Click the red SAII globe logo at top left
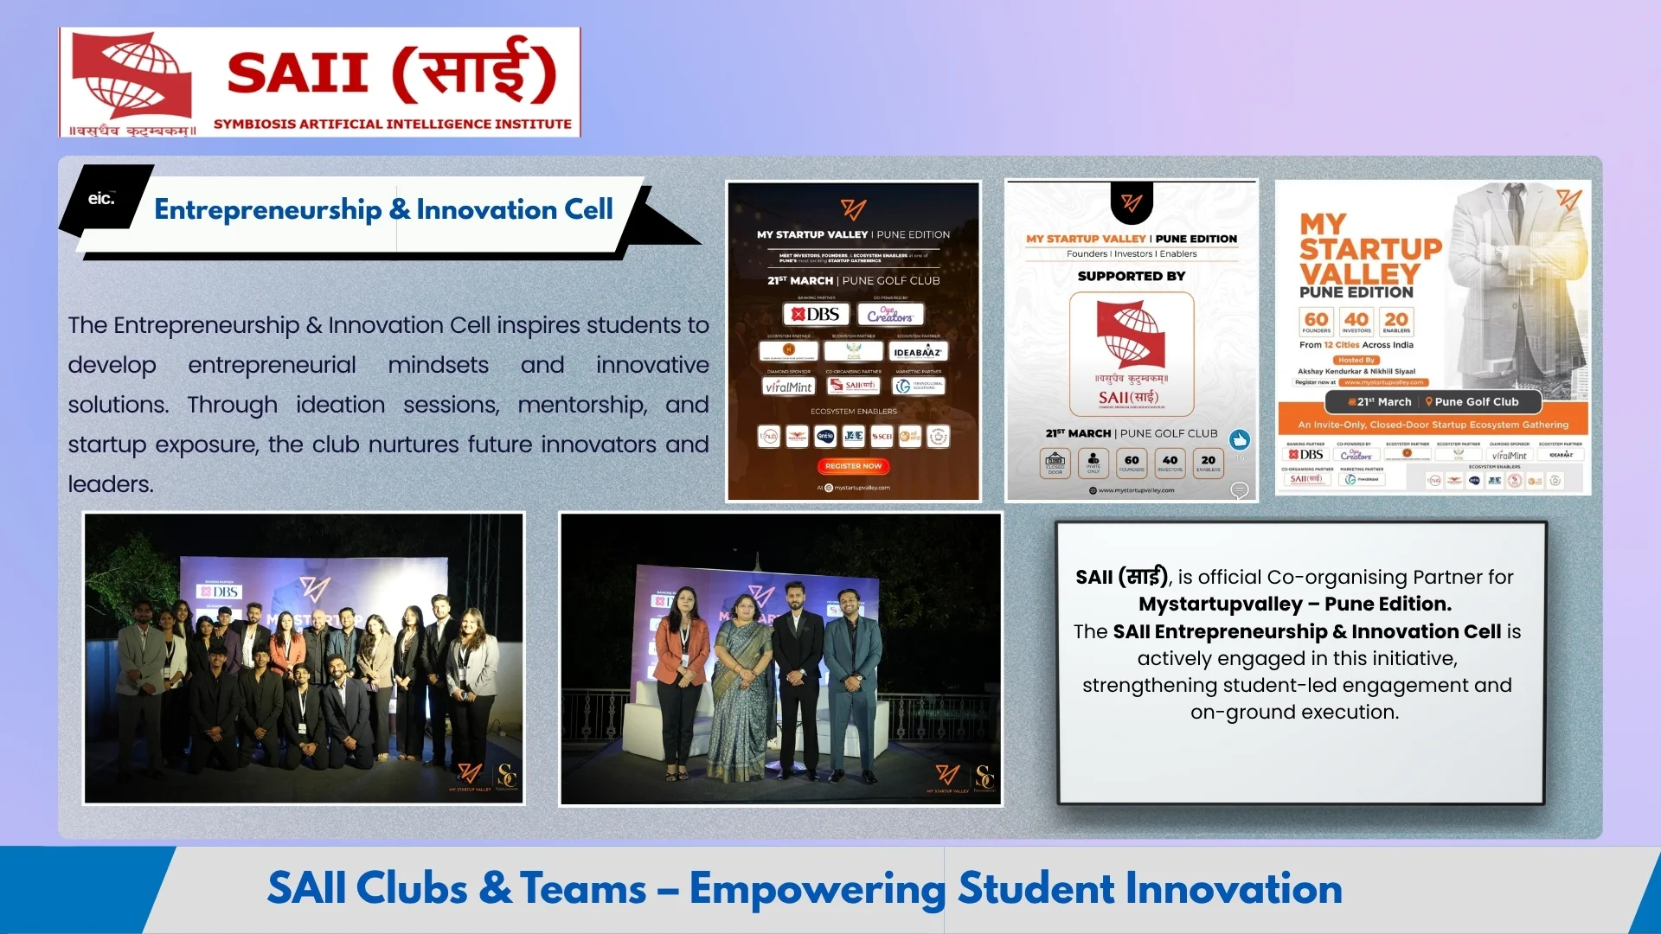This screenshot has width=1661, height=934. click(132, 76)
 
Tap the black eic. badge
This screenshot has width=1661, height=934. click(102, 199)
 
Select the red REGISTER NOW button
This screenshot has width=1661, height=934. click(853, 466)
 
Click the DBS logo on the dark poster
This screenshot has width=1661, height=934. click(816, 314)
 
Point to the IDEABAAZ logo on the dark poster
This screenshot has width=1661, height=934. click(917, 352)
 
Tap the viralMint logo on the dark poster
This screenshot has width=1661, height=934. click(788, 387)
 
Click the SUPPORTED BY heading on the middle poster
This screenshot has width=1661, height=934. click(1131, 277)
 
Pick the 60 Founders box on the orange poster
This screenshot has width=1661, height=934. click(1316, 322)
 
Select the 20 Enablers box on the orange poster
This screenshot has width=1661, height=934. click(1396, 322)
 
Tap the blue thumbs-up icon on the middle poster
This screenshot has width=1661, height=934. click(1240, 439)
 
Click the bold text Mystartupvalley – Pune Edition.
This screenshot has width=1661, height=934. click(1294, 604)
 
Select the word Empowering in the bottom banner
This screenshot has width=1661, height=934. click(817, 889)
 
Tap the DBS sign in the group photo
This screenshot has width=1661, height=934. click(221, 592)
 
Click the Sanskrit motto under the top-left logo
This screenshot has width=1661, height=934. click(132, 131)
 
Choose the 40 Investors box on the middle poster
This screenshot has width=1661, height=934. click(1170, 463)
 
